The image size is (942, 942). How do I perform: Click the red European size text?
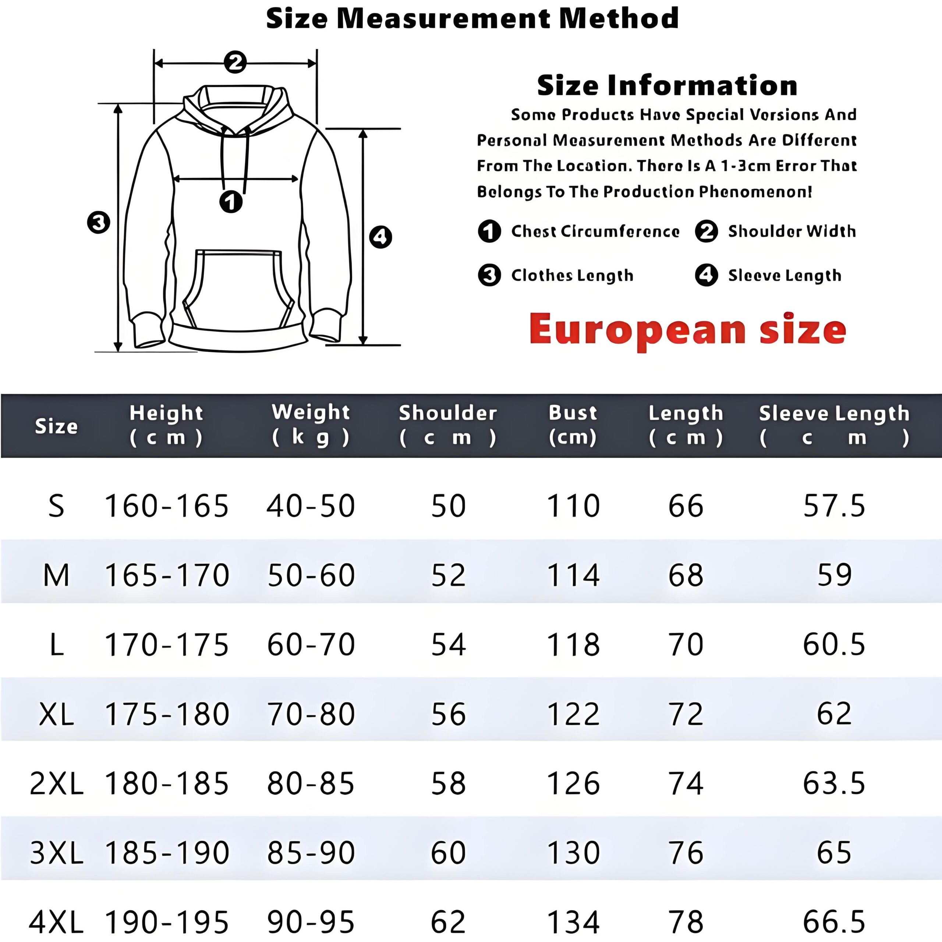click(x=687, y=330)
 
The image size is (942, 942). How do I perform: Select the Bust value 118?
click(x=573, y=645)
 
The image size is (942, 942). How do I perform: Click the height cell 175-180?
click(x=167, y=714)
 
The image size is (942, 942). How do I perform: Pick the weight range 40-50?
click(x=311, y=506)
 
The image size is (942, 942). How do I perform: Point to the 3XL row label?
click(x=57, y=853)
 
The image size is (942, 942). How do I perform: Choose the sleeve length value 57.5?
click(x=834, y=506)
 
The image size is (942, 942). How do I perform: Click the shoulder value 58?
click(x=449, y=783)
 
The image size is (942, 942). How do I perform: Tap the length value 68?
click(x=686, y=576)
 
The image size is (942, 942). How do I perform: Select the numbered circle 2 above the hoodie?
click(x=235, y=63)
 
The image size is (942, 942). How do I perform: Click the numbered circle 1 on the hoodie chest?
click(x=231, y=201)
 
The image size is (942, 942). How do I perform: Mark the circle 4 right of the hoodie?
click(x=380, y=237)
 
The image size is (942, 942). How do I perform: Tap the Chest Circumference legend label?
click(x=595, y=231)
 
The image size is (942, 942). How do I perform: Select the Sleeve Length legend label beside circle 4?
click(x=785, y=276)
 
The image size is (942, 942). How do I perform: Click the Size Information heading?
click(x=667, y=86)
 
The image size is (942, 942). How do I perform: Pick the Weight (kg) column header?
click(x=311, y=424)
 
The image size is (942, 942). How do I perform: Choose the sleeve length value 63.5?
click(x=834, y=783)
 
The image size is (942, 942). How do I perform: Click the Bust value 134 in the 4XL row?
click(x=573, y=921)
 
